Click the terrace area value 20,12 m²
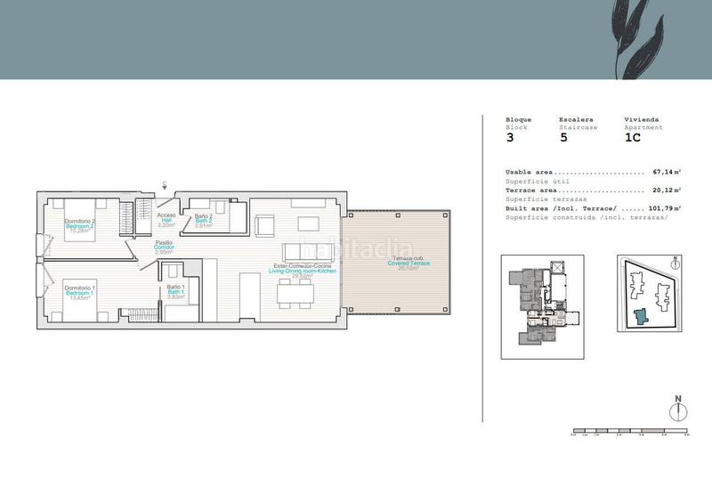click(x=667, y=190)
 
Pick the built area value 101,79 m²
click(x=664, y=208)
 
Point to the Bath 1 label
click(x=176, y=292)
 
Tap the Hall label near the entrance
click(x=166, y=221)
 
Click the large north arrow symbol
click(x=678, y=410)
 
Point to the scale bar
click(x=631, y=431)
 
